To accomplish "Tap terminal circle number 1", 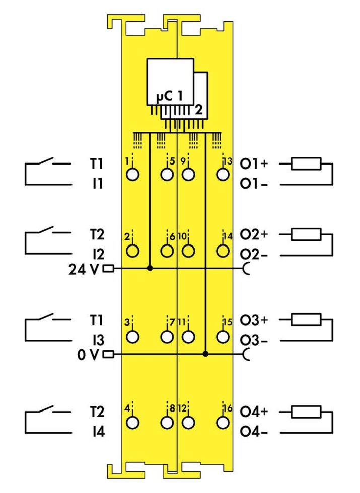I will [x=133, y=175].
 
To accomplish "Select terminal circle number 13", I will [x=221, y=175].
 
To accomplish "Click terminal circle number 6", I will [x=167, y=250].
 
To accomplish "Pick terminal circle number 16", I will [x=221, y=423].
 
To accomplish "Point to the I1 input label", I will [x=95, y=184].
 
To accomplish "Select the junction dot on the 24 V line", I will [x=150, y=269].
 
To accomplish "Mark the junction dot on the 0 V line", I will [x=205, y=354].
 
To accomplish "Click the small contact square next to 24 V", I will [x=108, y=269].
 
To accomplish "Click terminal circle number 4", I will [x=133, y=423].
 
